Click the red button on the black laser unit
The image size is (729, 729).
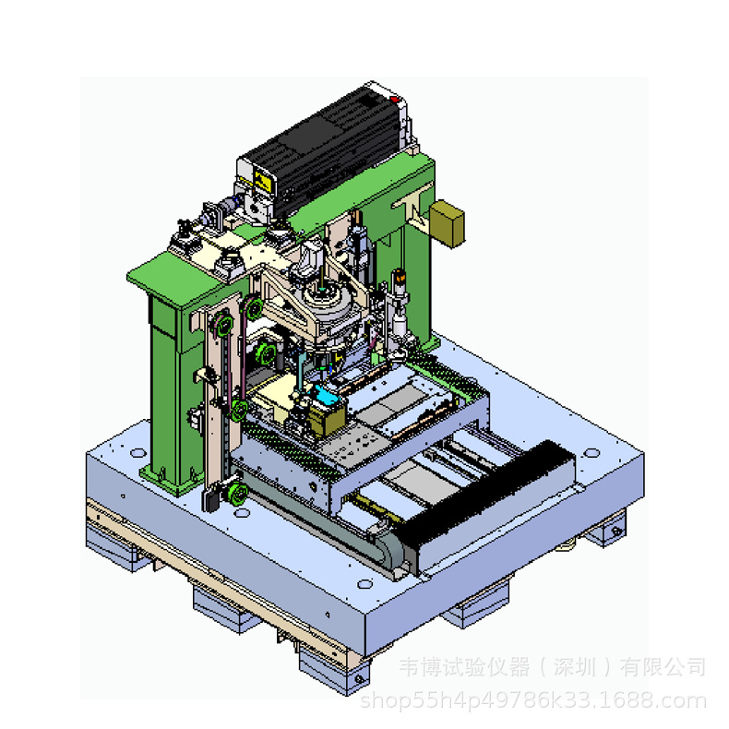(x=394, y=99)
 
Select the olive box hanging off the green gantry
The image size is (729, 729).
(x=447, y=223)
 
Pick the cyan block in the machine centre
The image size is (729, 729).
(x=326, y=395)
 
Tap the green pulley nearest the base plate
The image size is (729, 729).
(x=237, y=493)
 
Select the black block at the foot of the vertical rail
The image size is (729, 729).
(x=210, y=499)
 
